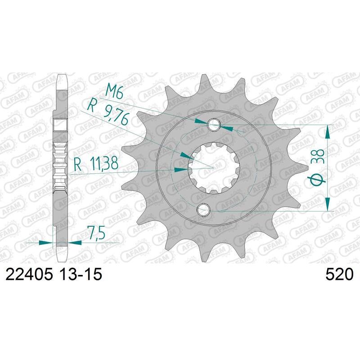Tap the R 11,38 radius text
[x=96, y=164]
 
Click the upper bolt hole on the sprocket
[x=214, y=125]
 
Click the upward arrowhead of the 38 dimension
[x=328, y=131]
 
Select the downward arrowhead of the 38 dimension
[x=328, y=205]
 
